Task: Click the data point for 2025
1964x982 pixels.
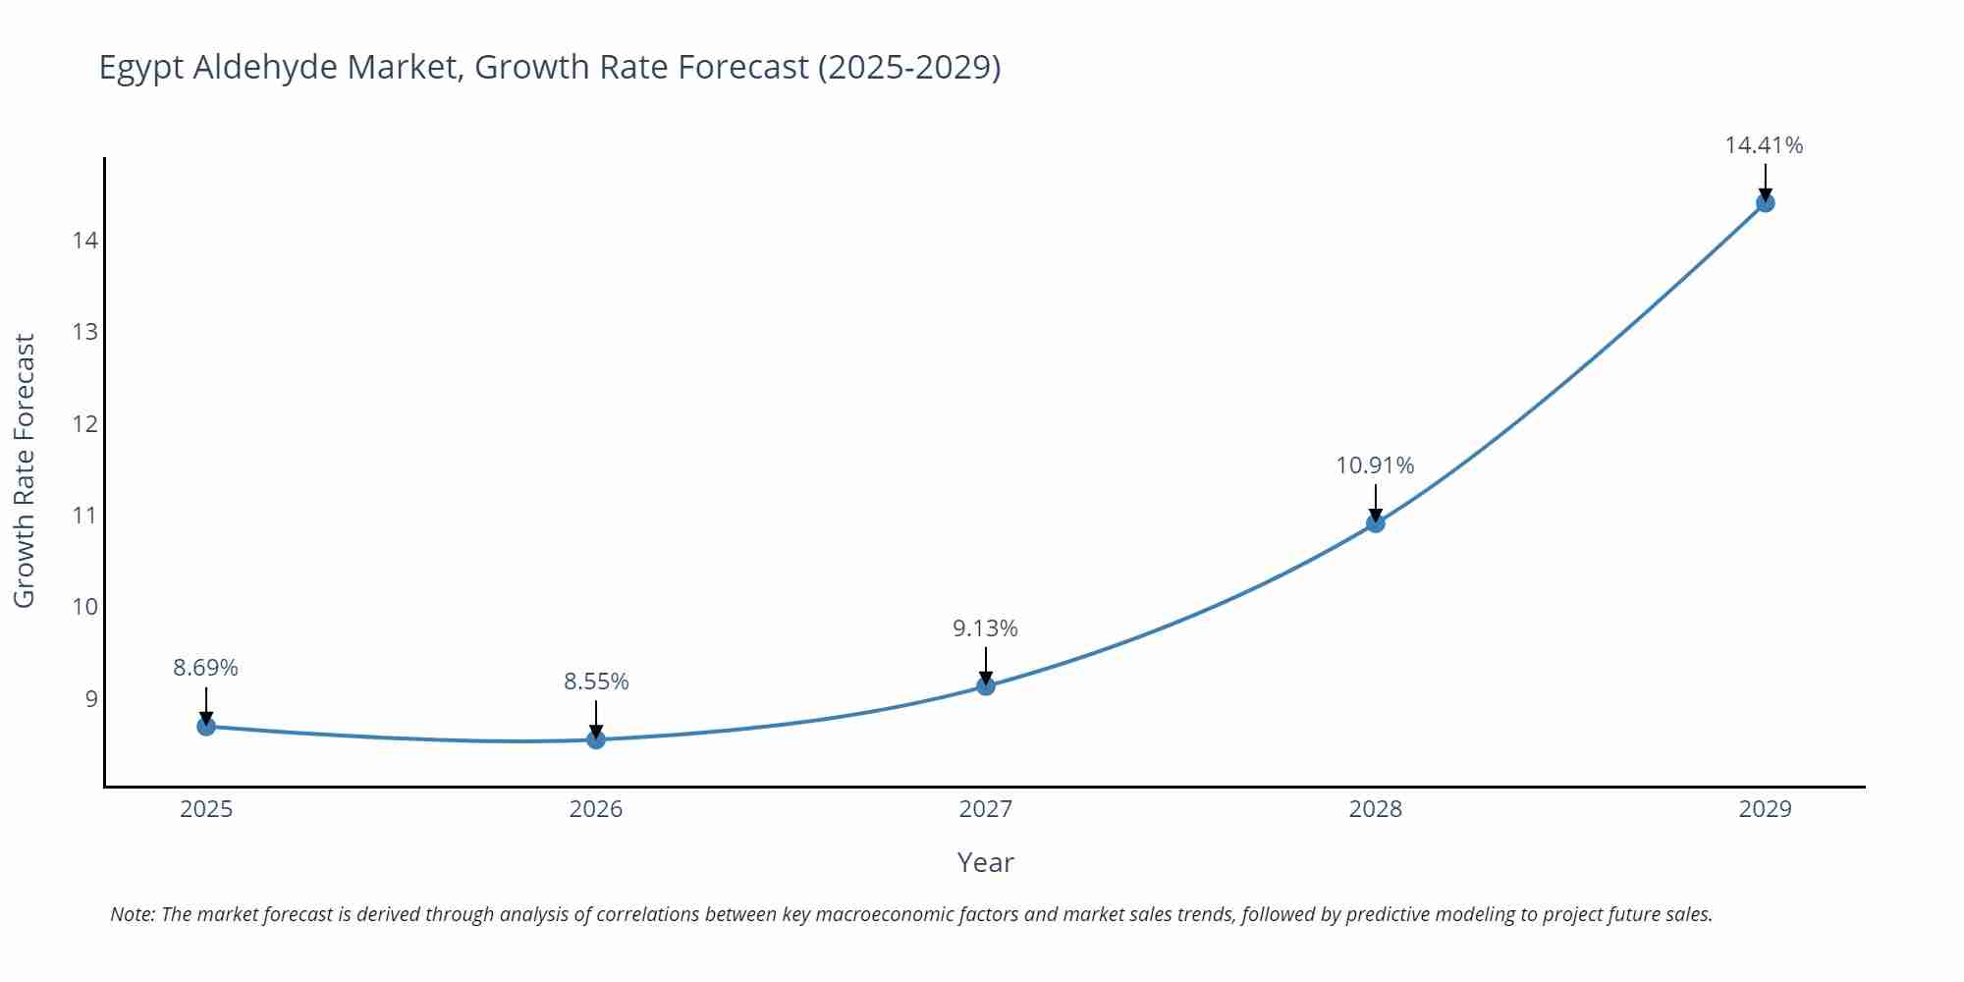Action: coord(206,727)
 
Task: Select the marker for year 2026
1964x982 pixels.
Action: coord(596,739)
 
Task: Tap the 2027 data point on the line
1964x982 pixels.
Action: coord(986,685)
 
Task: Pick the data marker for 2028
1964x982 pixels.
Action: coord(1376,523)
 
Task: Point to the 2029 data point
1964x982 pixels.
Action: coord(1765,203)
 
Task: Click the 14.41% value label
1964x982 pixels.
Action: coord(1764,145)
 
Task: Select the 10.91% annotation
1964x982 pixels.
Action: coord(1375,465)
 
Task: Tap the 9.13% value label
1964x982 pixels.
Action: coord(985,628)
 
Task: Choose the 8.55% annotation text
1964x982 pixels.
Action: coord(596,682)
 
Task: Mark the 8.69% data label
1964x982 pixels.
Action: coord(205,668)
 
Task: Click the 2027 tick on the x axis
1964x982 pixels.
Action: coord(986,809)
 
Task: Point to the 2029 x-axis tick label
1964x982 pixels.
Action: coord(1765,809)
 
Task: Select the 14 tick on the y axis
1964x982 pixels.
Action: coord(85,241)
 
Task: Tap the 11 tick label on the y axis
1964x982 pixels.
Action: coord(85,515)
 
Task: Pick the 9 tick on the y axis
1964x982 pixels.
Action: coord(91,698)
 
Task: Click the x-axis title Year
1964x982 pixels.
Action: coord(985,862)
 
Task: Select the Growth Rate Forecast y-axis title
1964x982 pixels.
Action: coord(25,470)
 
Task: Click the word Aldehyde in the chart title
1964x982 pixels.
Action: coord(265,67)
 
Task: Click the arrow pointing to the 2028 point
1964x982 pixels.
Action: coord(1376,503)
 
